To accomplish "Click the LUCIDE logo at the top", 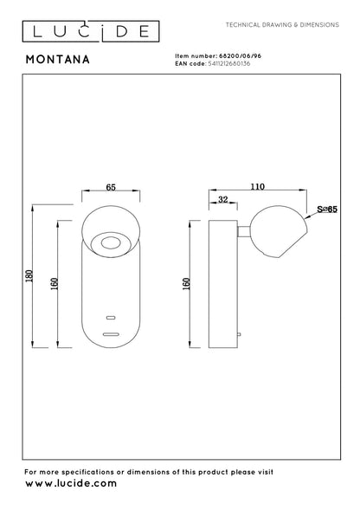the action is (x=91, y=31).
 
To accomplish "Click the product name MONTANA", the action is (x=58, y=60).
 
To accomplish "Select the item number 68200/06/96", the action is (x=241, y=56).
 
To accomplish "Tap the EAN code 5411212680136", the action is (x=229, y=63).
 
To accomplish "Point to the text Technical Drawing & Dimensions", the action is (x=282, y=25).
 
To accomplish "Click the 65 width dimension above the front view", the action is (x=111, y=187).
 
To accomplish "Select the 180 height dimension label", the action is (x=29, y=276).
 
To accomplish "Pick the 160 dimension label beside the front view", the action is (x=55, y=284).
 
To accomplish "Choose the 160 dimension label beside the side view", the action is (x=186, y=284).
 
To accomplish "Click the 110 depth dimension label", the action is (x=258, y=186).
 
